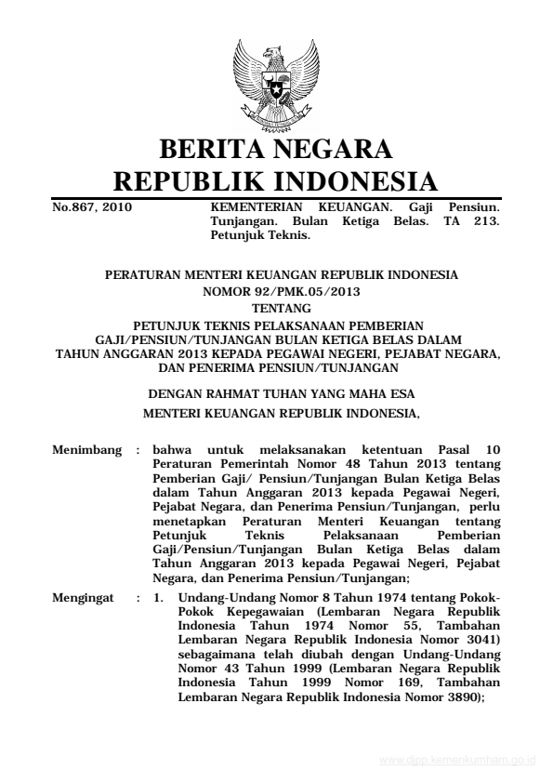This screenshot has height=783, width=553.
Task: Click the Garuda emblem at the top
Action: point(276,78)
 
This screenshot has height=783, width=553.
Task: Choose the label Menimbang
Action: point(87,450)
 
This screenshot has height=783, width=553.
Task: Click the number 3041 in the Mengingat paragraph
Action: point(481,640)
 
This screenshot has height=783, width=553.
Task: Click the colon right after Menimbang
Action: point(138,450)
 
